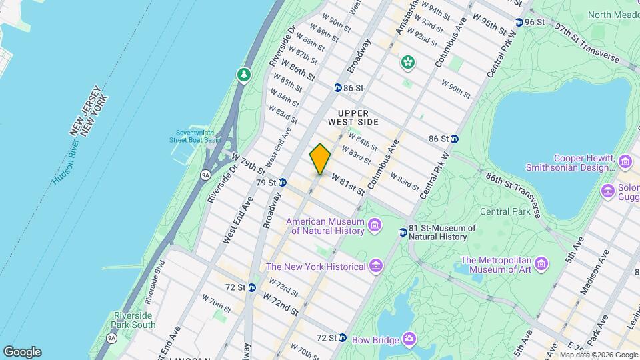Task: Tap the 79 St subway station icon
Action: coord(283,182)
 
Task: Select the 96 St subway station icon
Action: coord(519,22)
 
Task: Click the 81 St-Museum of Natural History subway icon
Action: coord(403,232)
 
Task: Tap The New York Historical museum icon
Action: coord(376,267)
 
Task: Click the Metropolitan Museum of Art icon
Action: coord(541,265)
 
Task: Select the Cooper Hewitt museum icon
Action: coord(625,162)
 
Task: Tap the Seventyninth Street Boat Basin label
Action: coord(193,136)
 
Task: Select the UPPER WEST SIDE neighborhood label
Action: coord(353,117)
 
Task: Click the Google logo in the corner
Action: coord(22,352)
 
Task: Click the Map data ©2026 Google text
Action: coord(598,355)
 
